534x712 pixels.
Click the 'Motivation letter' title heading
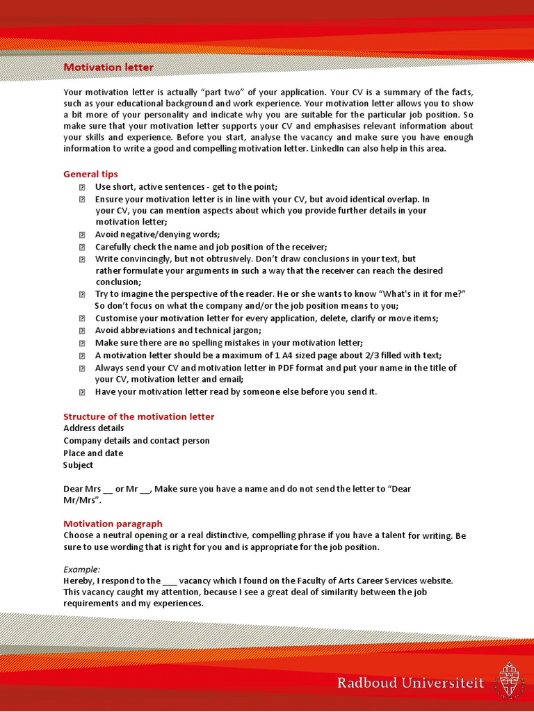point(108,67)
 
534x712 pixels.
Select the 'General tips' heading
point(90,174)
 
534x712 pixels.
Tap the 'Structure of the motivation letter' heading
point(139,416)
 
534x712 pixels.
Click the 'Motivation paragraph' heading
point(113,524)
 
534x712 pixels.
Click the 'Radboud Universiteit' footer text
point(410,683)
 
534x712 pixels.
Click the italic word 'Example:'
point(82,569)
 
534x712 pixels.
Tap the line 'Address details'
point(94,428)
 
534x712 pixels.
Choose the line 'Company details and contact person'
point(136,441)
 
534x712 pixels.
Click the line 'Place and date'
point(93,453)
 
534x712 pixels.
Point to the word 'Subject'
point(78,465)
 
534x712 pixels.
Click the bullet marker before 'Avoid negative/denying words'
point(81,235)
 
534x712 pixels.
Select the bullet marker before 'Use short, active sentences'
point(81,187)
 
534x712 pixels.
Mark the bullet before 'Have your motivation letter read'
point(81,392)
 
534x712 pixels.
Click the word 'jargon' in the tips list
point(244,331)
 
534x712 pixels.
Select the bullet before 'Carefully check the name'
point(81,248)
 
